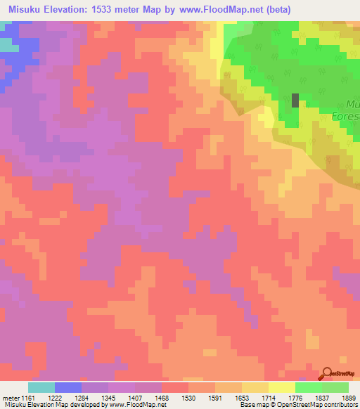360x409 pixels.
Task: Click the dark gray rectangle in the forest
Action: click(295, 100)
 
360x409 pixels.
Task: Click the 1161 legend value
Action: click(28, 397)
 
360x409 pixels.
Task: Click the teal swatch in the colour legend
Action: click(41, 387)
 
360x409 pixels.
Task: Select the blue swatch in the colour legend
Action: click(68, 387)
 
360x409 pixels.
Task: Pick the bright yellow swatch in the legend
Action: click(282, 387)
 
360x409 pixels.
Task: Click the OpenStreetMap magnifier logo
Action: click(328, 372)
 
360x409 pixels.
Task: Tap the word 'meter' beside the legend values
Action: click(11, 397)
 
